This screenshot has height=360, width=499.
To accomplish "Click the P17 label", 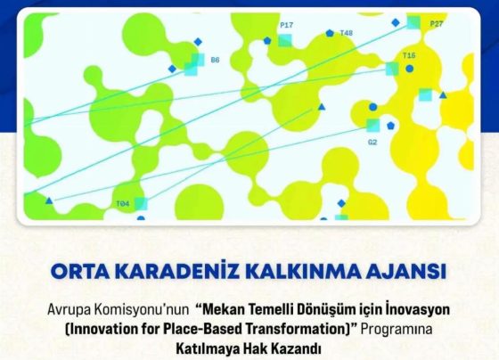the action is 286,25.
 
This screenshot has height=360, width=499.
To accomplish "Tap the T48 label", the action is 347,33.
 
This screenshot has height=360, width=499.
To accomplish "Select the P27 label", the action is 437,23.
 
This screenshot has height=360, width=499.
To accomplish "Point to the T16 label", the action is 409,55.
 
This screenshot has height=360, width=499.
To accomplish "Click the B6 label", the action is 215,60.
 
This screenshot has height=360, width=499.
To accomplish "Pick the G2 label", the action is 372,143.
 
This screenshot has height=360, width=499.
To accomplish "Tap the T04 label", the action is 123,204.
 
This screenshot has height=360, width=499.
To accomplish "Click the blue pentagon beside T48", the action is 330,33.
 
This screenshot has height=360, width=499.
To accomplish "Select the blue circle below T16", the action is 410,69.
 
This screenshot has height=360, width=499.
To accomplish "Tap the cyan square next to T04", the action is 141,204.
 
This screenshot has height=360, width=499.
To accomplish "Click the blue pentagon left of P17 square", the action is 267,40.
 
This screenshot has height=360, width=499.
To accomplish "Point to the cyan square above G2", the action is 373,125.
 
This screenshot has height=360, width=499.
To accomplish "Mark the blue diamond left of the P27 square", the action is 396,22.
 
